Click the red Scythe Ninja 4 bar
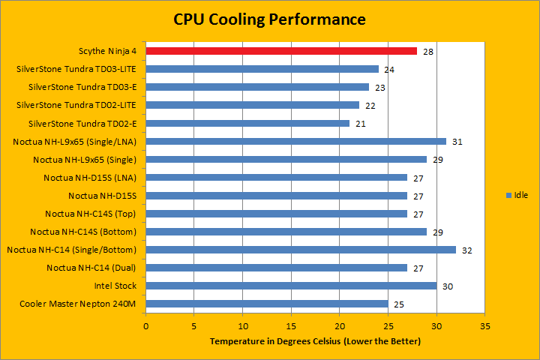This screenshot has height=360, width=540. click(281, 51)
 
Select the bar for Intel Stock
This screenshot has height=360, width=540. click(291, 286)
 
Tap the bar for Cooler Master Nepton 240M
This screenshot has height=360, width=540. click(267, 304)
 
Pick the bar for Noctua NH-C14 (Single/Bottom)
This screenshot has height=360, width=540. click(301, 250)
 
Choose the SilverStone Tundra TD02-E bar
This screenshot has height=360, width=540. click(247, 123)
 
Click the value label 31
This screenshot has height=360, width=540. click(457, 142)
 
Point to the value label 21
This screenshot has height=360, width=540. click(360, 124)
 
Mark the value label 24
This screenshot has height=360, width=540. click(389, 70)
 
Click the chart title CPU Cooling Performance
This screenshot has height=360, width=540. click(270, 18)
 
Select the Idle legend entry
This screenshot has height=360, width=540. click(517, 195)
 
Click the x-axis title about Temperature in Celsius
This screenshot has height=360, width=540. click(315, 342)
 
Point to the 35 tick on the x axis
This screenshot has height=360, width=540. click(485, 326)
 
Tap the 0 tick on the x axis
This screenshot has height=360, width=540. click(146, 326)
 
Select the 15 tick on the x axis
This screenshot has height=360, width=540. click(291, 326)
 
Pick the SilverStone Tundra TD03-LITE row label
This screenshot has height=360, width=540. click(76, 70)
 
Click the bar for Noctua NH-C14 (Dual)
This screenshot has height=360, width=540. click(277, 268)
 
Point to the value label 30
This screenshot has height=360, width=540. click(447, 286)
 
